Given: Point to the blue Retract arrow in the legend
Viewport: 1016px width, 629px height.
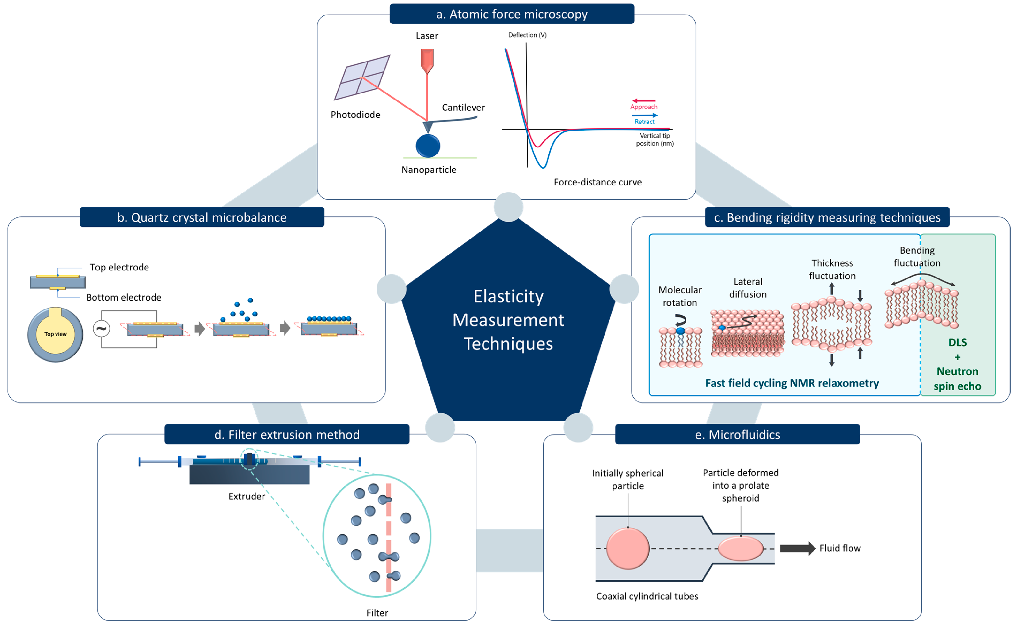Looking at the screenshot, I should tap(644, 115).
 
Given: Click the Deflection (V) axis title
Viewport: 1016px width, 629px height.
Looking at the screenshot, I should tap(527, 35).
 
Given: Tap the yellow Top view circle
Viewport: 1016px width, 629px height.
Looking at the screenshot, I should tap(55, 335).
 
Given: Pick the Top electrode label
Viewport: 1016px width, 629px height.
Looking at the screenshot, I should tap(119, 267).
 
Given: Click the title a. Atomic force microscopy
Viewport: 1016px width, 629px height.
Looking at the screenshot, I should tap(512, 14).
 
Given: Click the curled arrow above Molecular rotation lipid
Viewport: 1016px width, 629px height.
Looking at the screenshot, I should tap(680, 320).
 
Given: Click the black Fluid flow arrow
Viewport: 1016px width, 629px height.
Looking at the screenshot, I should tap(797, 548).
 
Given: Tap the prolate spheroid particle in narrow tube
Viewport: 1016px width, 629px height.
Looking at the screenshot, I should tap(741, 548).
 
